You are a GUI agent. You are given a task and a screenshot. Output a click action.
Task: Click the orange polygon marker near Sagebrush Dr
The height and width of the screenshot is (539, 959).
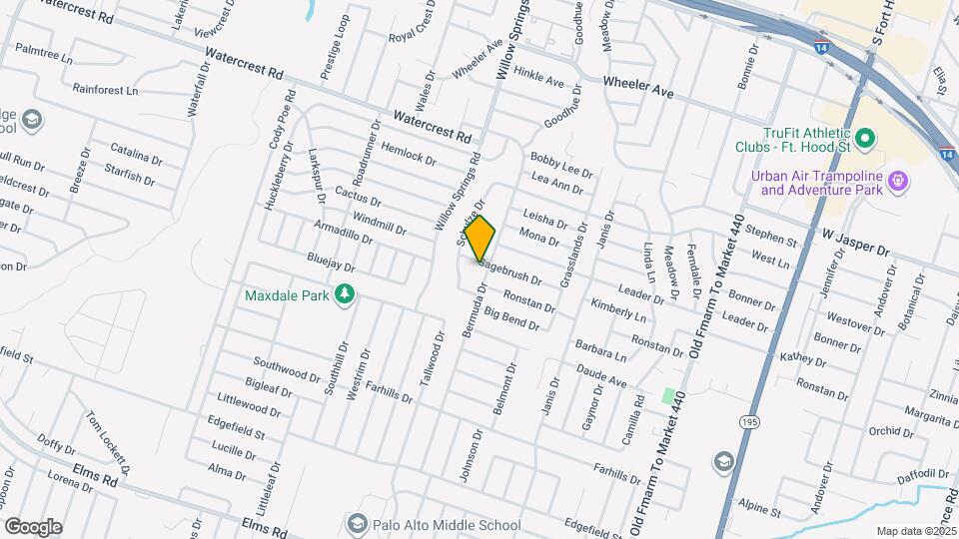click(480, 240)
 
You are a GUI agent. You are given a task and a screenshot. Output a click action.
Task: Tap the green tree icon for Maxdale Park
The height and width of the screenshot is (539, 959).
click(345, 293)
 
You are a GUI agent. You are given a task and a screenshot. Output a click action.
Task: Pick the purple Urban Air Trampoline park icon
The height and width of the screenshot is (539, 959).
click(898, 181)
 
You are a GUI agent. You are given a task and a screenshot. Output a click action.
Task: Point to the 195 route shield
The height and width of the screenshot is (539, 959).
click(749, 423)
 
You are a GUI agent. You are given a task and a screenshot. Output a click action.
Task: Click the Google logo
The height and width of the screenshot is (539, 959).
click(32, 526)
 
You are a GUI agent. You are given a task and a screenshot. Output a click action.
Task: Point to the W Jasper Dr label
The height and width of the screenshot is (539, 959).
click(855, 241)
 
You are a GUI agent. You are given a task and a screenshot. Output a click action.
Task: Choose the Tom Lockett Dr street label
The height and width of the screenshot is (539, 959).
click(108, 440)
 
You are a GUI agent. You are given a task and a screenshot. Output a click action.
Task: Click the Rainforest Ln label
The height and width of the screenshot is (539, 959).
click(105, 90)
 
